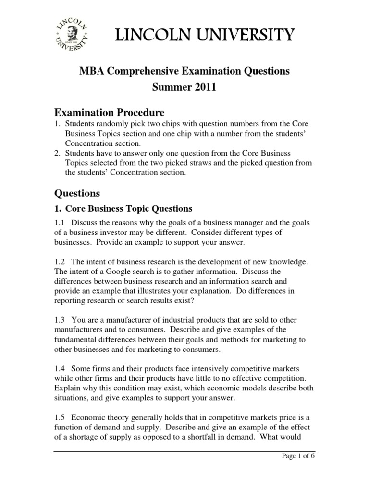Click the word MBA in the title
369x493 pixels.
coord(90,71)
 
